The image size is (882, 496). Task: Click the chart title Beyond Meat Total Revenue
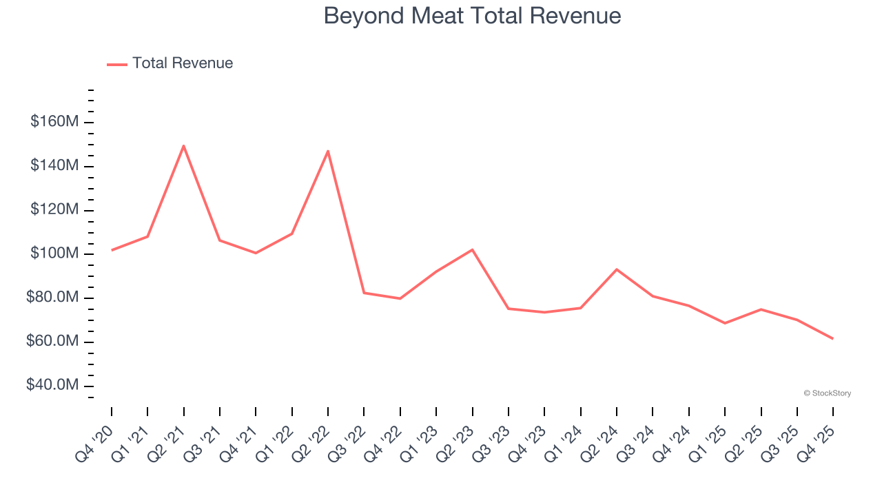pos(472,16)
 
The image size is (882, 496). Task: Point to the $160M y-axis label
pos(54,122)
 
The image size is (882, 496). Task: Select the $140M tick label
pos(54,166)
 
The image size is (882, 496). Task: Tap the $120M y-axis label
pos(54,210)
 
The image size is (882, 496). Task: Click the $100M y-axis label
pos(54,254)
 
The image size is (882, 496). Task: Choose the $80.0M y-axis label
pos(52,298)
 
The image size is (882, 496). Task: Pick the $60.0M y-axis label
pos(52,342)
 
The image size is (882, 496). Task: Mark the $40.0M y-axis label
pos(52,386)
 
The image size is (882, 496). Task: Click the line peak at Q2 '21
pos(183,145)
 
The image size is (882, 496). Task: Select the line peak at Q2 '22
pos(328,151)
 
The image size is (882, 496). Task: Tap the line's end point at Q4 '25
pos(832,338)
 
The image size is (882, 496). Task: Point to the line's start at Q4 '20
pos(112,250)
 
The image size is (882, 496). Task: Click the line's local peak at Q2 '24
pos(616,269)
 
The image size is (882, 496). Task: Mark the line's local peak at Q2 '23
pos(472,249)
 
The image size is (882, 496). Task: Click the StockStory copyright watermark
pos(827,393)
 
